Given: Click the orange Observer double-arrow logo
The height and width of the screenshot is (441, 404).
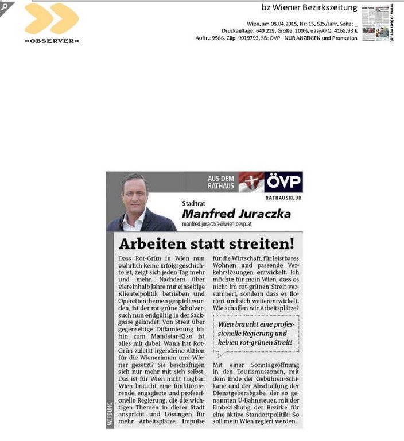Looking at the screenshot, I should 51,18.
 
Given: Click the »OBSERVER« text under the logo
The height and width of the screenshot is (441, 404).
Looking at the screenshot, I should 52,41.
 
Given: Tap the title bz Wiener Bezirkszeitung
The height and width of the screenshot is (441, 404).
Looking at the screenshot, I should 309,7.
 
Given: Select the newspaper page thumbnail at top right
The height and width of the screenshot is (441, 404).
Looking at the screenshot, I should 375,23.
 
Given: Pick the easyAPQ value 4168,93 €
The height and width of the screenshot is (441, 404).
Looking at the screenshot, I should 341,31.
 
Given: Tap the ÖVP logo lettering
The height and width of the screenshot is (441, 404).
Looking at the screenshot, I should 283,182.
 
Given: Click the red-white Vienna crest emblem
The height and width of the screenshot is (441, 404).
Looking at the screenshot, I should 251,182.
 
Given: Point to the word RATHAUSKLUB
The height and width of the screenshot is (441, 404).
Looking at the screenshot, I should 283,198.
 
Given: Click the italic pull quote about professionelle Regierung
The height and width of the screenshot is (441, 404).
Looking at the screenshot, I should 257,334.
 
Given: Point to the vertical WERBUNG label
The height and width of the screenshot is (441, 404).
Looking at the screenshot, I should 110,413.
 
